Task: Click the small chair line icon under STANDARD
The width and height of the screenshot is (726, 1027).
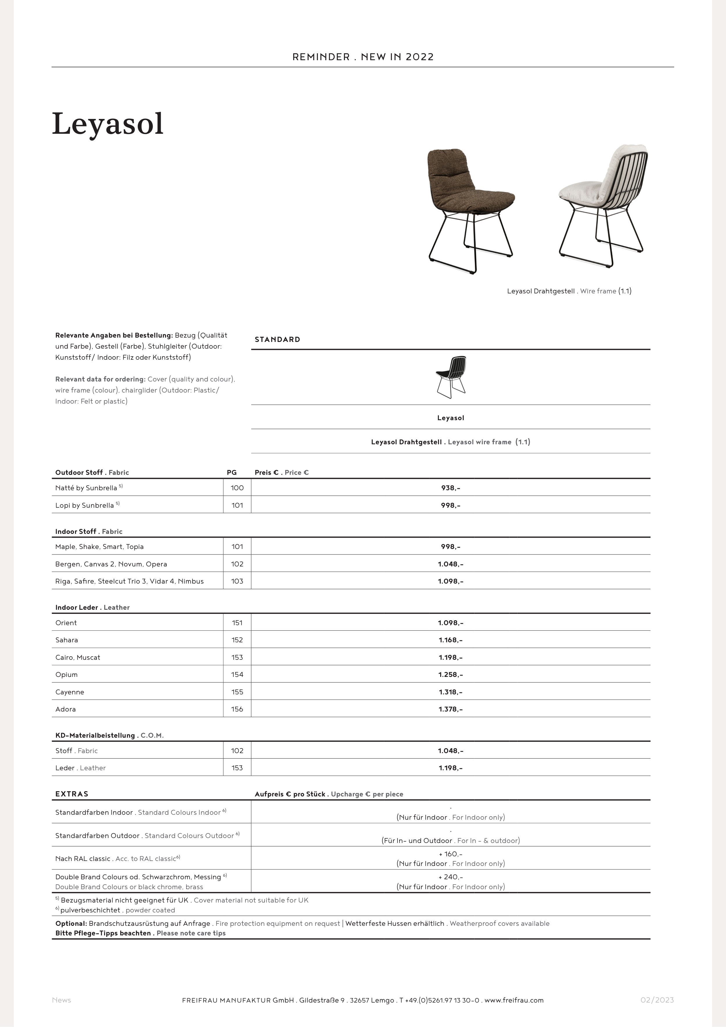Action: coord(451,377)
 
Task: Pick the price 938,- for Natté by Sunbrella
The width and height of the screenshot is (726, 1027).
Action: coord(450,488)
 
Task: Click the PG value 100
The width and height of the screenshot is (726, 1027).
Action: coord(237,488)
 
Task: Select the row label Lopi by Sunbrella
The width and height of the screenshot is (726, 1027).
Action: coord(85,505)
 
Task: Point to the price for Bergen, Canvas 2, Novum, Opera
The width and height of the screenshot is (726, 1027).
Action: coord(450,564)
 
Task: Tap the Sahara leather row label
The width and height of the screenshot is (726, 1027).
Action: coord(67,640)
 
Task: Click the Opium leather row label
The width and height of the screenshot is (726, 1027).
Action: coord(67,675)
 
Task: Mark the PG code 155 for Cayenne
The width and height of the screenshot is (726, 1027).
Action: coord(237,692)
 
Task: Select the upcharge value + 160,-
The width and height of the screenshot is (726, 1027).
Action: coord(450,854)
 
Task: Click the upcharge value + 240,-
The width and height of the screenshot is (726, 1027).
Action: coord(450,877)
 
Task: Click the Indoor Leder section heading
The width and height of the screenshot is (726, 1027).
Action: coord(76,607)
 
